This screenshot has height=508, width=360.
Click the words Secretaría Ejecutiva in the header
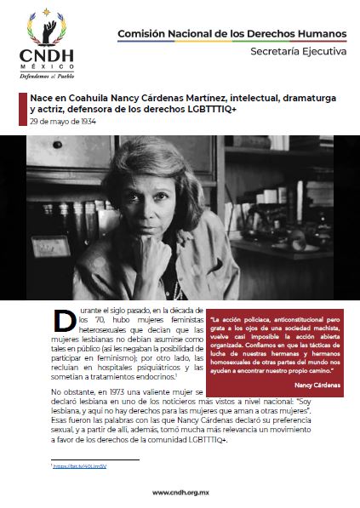click(298, 51)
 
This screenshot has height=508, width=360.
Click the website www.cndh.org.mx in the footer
click(180, 493)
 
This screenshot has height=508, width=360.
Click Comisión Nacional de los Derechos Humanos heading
click(231, 33)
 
